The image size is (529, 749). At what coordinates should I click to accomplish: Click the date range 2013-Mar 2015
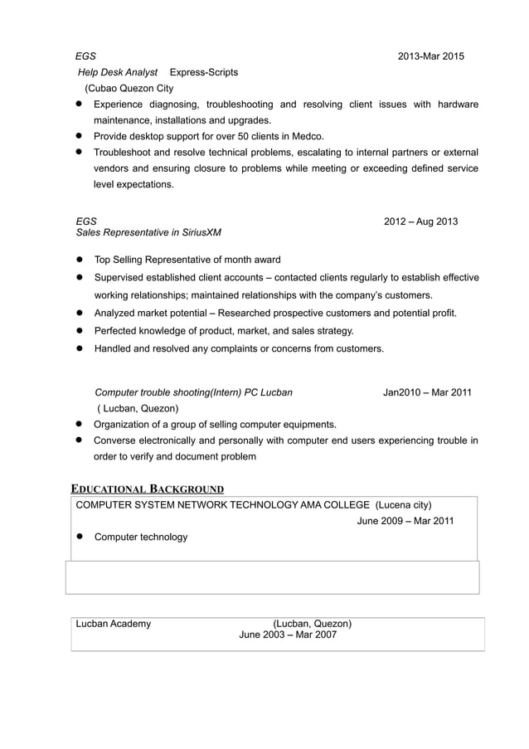pyautogui.click(x=430, y=56)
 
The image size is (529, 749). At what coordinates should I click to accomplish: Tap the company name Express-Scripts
pyautogui.click(x=203, y=72)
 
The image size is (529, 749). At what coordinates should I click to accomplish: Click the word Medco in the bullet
pyautogui.click(x=308, y=136)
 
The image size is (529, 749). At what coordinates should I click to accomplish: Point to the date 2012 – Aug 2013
pyautogui.click(x=420, y=221)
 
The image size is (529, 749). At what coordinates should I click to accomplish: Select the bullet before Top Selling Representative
pyautogui.click(x=81, y=260)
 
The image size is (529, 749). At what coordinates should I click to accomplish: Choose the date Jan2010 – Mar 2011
pyautogui.click(x=427, y=392)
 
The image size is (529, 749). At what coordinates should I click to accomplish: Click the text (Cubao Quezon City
pyautogui.click(x=129, y=88)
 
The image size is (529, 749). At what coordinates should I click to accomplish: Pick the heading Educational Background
pyautogui.click(x=147, y=489)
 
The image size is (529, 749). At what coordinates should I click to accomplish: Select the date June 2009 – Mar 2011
pyautogui.click(x=405, y=521)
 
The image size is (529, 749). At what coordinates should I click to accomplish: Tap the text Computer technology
pyautogui.click(x=141, y=537)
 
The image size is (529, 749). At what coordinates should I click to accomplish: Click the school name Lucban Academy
pyautogui.click(x=113, y=624)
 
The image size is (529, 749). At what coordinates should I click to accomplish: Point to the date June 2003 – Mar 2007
pyautogui.click(x=288, y=635)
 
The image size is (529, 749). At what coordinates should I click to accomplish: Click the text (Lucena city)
pyautogui.click(x=403, y=504)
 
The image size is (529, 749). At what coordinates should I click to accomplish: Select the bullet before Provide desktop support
pyautogui.click(x=81, y=136)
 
